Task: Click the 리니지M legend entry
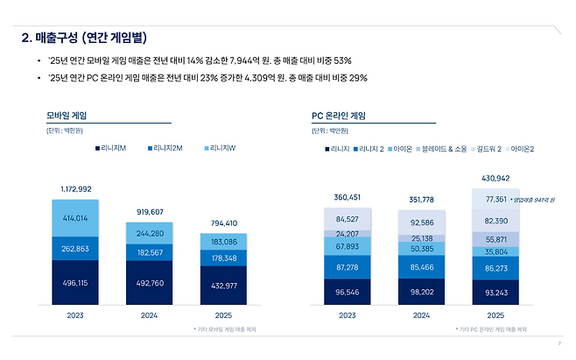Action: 112,149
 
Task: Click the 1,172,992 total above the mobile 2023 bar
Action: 76,188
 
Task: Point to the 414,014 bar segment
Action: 76,217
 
